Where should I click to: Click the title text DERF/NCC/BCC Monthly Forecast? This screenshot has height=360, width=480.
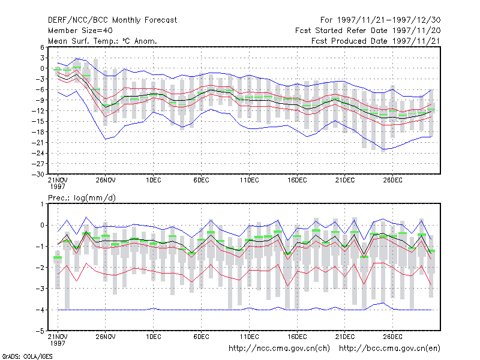(x=112, y=20)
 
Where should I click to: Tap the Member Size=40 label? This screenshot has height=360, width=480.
(x=80, y=31)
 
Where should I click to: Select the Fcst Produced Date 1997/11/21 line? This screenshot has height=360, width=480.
(x=376, y=41)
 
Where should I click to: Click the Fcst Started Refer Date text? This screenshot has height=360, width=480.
(x=341, y=31)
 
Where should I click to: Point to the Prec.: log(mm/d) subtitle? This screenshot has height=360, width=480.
(x=82, y=198)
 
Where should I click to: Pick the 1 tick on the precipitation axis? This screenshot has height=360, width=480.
(x=42, y=204)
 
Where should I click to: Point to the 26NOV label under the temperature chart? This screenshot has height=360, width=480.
(x=106, y=181)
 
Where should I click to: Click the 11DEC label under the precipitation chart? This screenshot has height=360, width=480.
(x=249, y=337)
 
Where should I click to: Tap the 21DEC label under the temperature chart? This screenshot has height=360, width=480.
(x=344, y=181)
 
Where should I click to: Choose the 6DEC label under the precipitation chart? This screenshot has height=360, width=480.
(x=201, y=337)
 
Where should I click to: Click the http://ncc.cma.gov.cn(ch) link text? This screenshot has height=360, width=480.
(x=279, y=349)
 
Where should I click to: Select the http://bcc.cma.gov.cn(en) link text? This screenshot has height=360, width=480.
(x=389, y=349)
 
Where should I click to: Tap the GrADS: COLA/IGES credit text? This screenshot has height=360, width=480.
(x=27, y=356)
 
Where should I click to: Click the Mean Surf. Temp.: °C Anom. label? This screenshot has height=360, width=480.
(x=103, y=41)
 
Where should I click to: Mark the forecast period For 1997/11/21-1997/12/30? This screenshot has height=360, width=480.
(x=380, y=20)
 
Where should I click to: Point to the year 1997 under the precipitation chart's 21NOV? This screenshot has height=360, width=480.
(x=58, y=343)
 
